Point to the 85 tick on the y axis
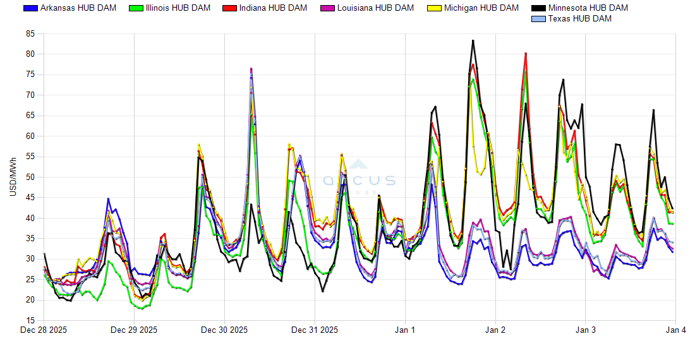(x=30, y=33)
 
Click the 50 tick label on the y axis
(x=30, y=177)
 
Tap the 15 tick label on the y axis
(x=30, y=321)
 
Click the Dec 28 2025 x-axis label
(x=44, y=330)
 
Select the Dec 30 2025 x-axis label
(x=224, y=330)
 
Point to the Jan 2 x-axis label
(x=495, y=330)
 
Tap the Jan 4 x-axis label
(x=676, y=330)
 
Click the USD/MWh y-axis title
(x=12, y=177)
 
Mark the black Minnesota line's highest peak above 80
(x=473, y=40)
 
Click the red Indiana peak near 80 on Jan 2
(x=526, y=54)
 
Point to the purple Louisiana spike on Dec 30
(x=251, y=68)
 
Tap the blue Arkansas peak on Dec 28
(x=108, y=199)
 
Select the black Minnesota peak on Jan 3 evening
(x=653, y=110)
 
